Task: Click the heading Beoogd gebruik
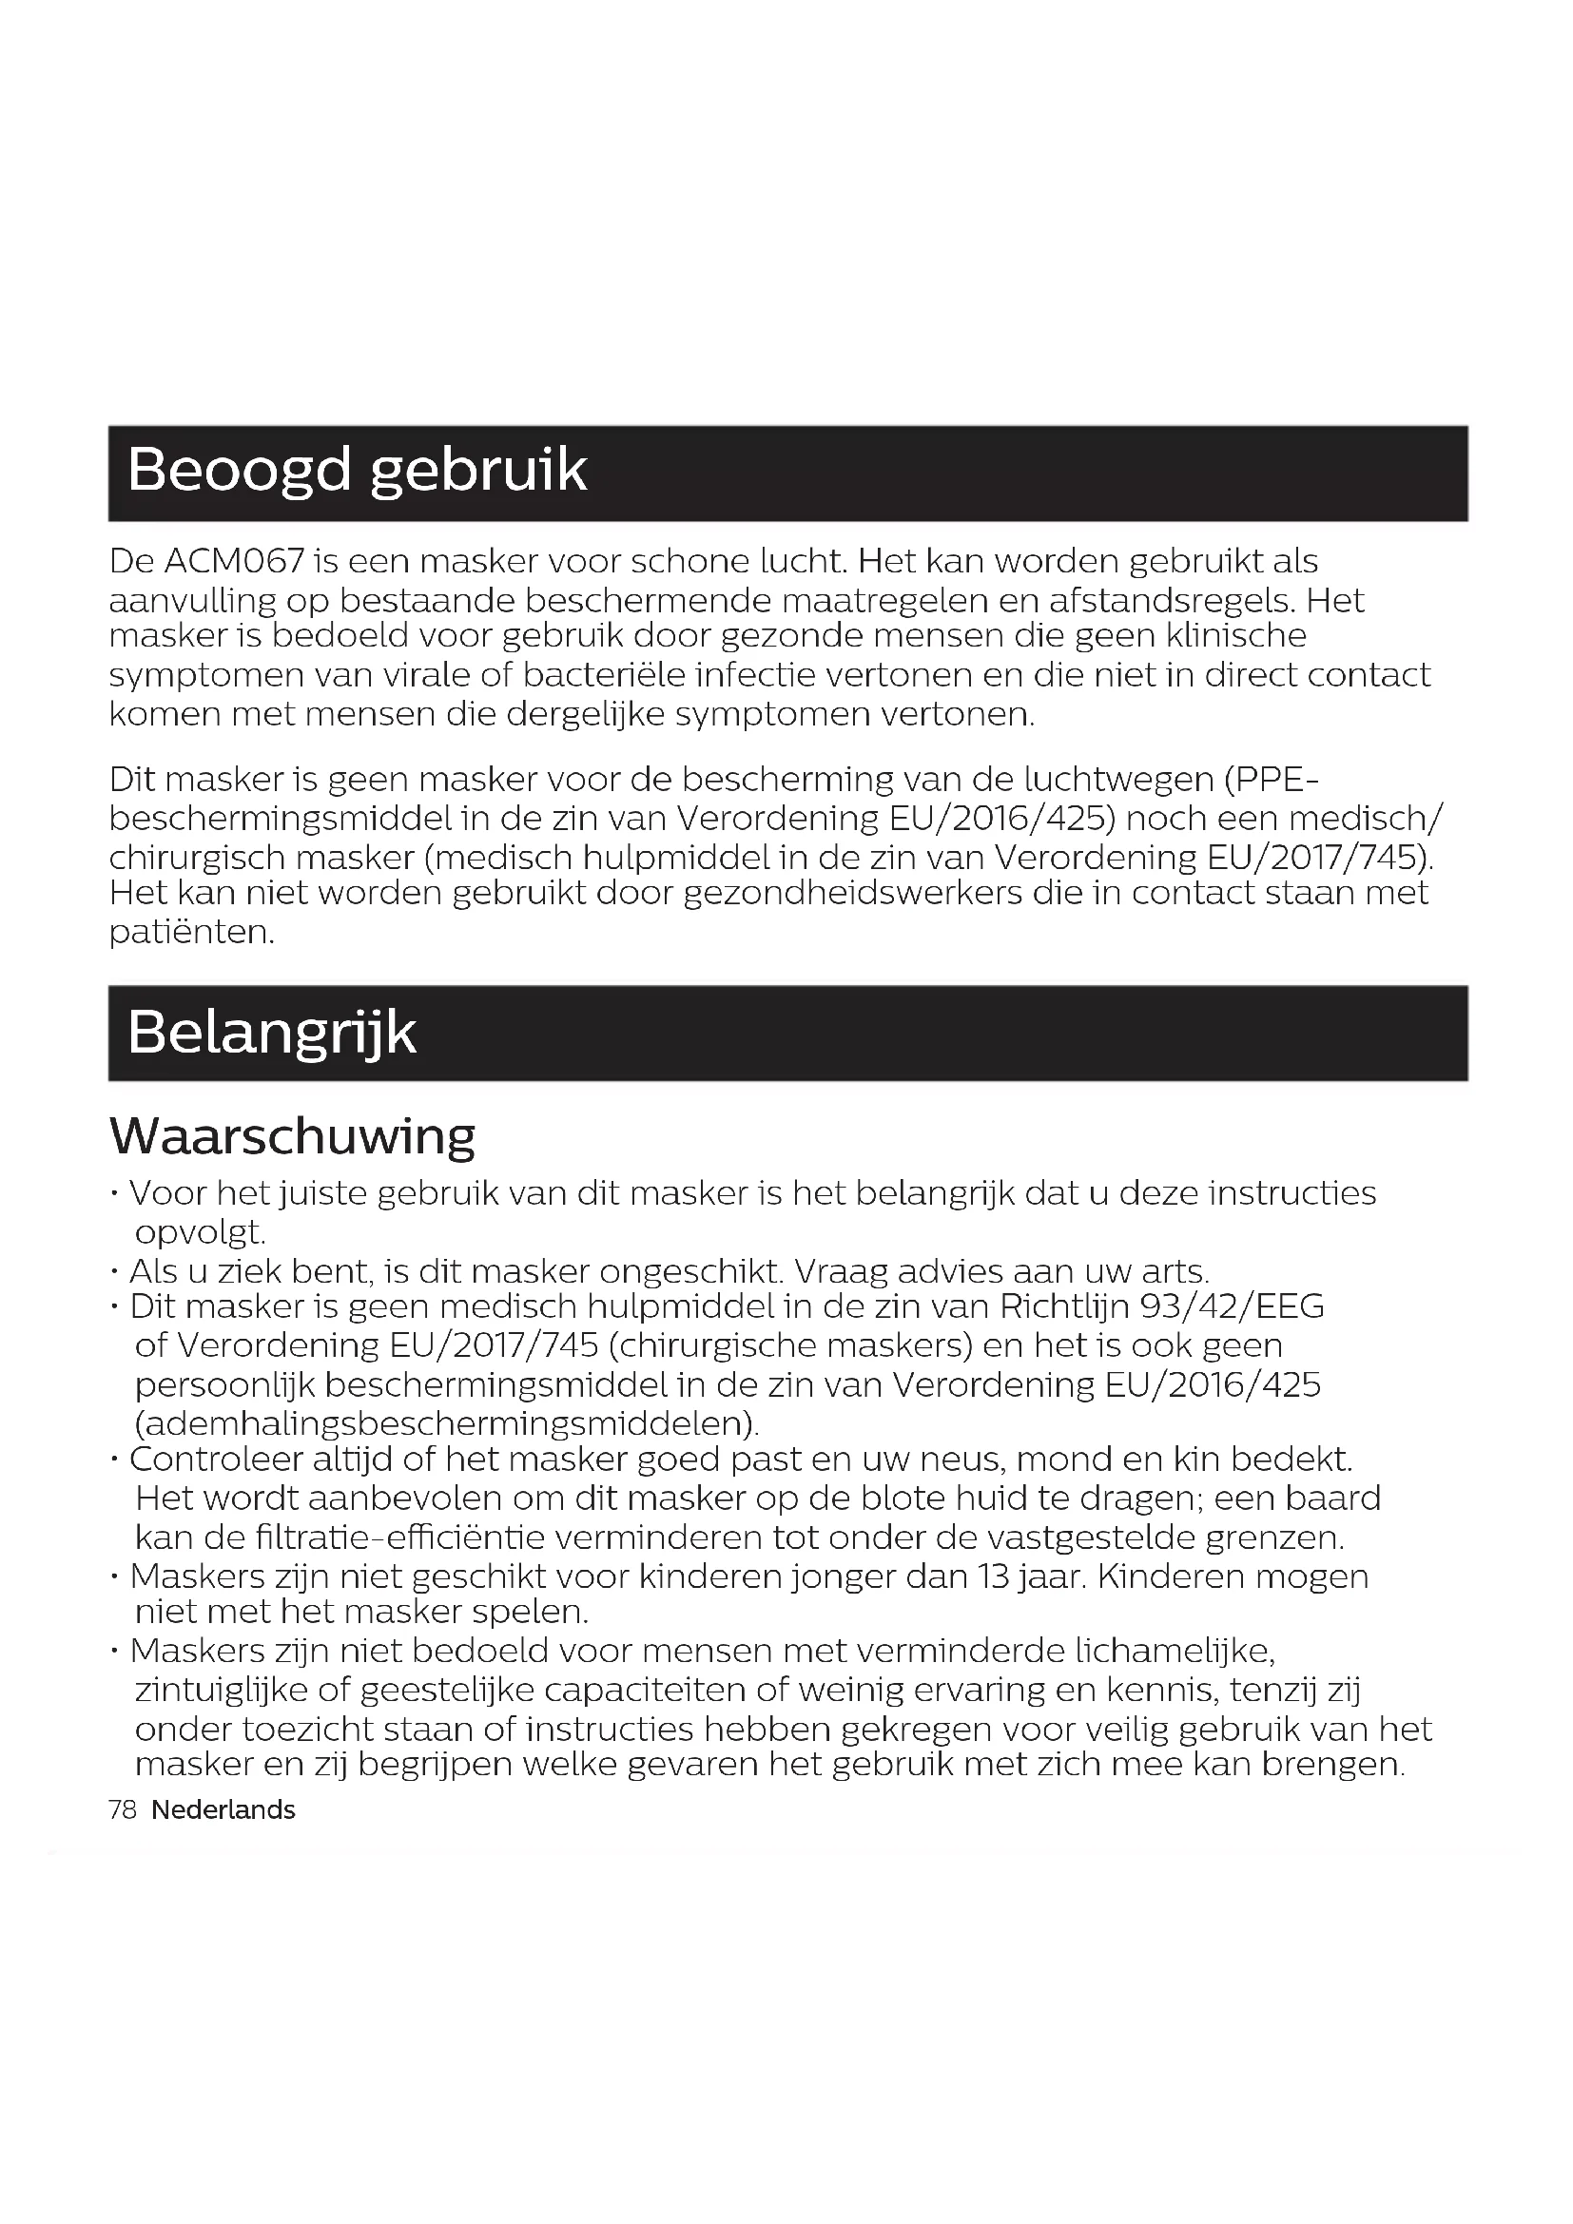tap(357, 472)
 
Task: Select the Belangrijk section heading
tap(271, 1033)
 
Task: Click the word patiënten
tap(192, 932)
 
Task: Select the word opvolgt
tap(200, 1232)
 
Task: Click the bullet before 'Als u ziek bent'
tap(115, 1271)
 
